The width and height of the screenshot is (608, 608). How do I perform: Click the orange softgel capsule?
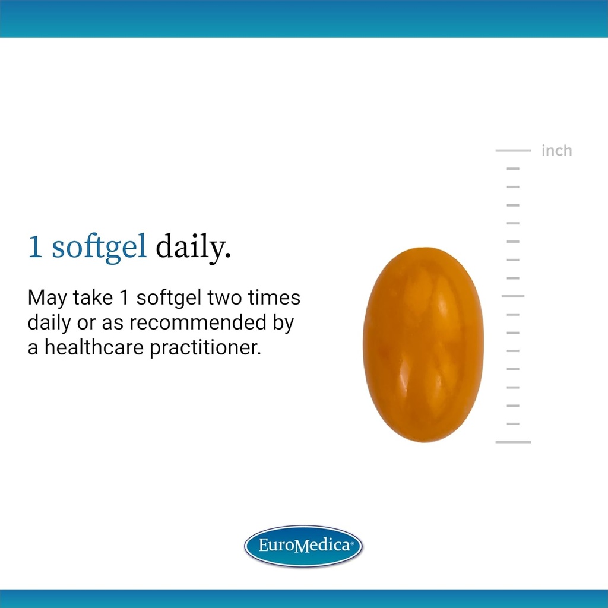(x=423, y=344)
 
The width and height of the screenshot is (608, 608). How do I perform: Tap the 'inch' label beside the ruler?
(x=556, y=151)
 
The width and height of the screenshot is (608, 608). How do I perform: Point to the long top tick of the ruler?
(x=513, y=151)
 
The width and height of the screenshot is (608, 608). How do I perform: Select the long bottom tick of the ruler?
(x=513, y=442)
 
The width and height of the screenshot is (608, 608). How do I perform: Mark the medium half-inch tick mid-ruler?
(x=513, y=296)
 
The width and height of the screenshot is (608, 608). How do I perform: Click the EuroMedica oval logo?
(x=303, y=546)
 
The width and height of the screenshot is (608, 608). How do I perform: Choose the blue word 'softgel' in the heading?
(x=99, y=248)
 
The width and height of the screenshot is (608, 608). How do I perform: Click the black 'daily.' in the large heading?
(x=193, y=248)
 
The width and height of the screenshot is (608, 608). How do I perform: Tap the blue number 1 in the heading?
(x=36, y=248)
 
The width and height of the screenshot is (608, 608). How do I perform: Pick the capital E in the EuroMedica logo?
(x=264, y=545)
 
